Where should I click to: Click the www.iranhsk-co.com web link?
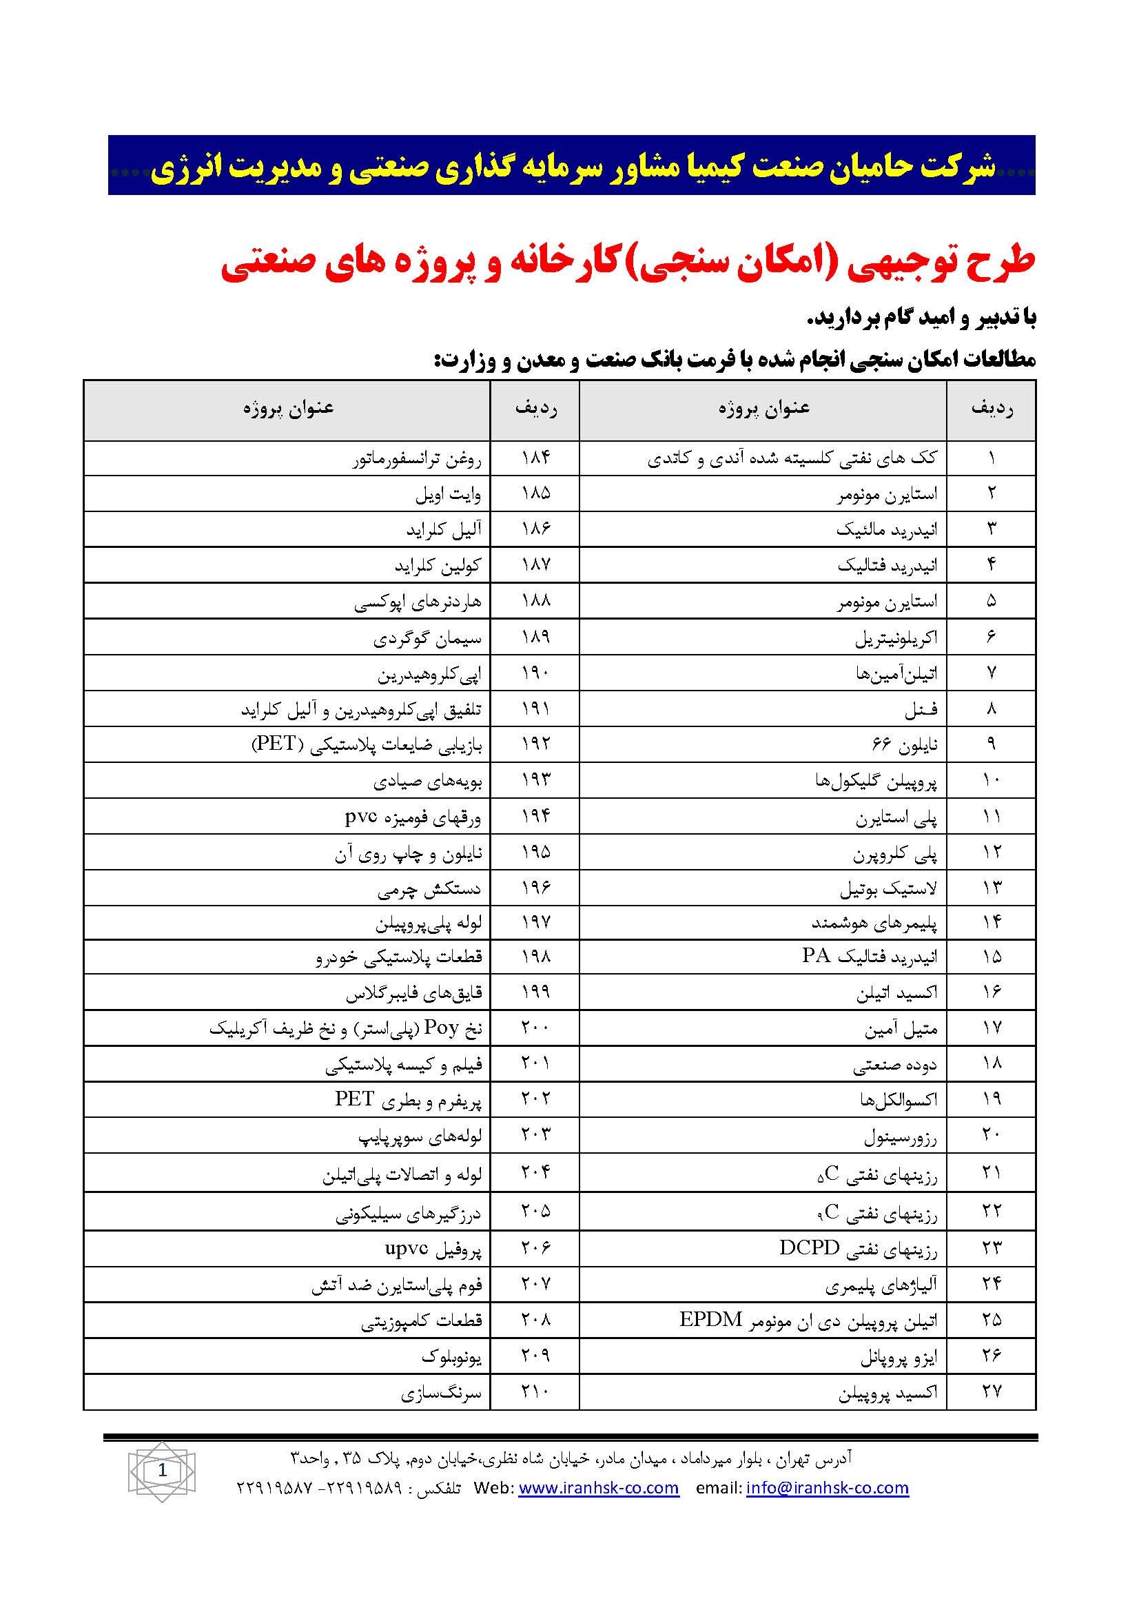point(598,1487)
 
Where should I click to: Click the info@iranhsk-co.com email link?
point(828,1487)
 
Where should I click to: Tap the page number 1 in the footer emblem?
point(163,1469)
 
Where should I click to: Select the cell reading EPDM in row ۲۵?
point(710,1319)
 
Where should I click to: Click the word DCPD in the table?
point(809,1247)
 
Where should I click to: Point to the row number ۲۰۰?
point(535,1027)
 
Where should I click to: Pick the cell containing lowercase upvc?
point(407,1247)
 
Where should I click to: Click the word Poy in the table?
point(442,1027)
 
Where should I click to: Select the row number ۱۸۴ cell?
point(535,458)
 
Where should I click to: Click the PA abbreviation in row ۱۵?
point(816,955)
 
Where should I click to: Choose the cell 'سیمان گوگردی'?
point(427,638)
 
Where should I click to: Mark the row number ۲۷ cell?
point(991,1391)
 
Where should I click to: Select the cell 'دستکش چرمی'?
point(429,890)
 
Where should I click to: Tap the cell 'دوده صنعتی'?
point(895,1065)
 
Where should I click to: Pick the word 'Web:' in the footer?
point(493,1487)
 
